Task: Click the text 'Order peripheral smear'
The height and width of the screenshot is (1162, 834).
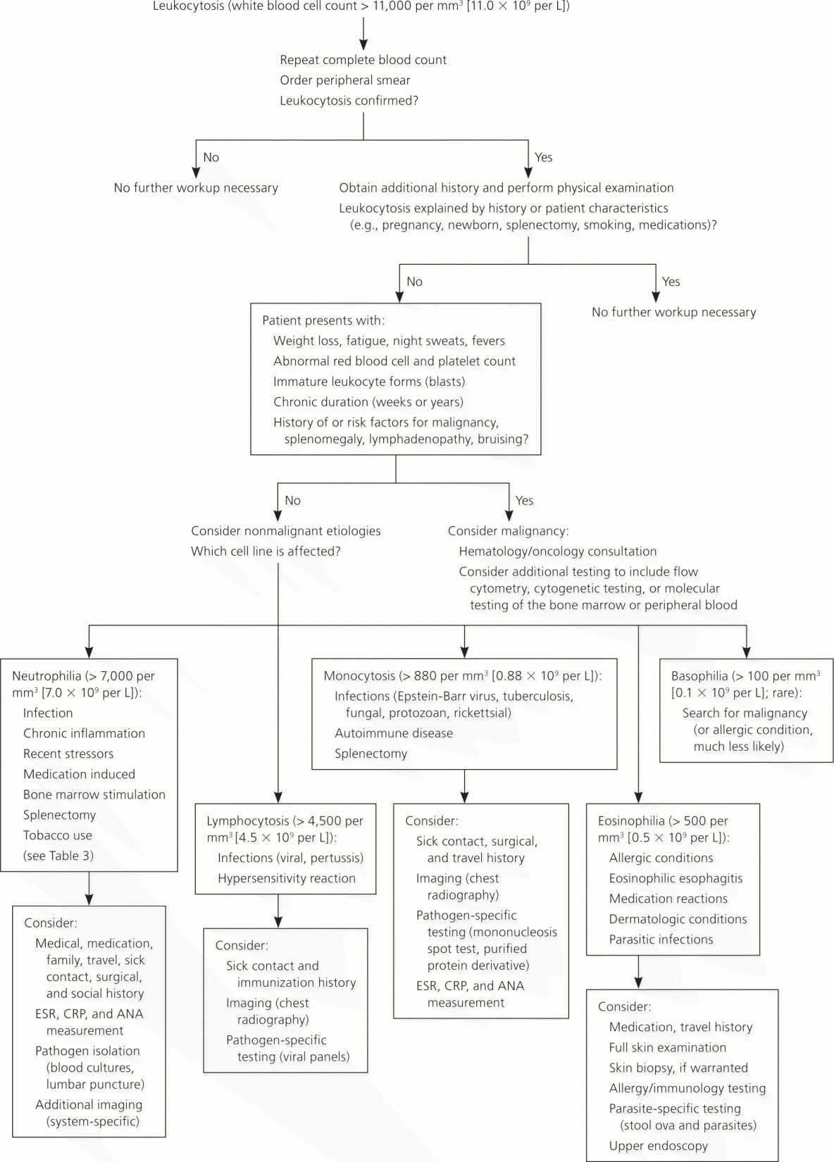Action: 345,80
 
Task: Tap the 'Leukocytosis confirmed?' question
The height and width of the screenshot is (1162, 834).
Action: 349,101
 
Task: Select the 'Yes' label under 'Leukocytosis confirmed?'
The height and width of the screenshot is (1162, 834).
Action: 543,157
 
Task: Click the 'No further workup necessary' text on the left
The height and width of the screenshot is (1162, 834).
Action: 196,188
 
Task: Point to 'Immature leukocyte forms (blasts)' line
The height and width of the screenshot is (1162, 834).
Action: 369,382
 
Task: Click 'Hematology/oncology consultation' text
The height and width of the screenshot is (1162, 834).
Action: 558,551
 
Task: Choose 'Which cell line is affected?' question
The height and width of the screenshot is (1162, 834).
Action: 266,551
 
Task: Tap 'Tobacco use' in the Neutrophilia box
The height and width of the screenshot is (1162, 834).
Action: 58,836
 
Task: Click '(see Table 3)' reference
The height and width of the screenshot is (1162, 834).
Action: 58,856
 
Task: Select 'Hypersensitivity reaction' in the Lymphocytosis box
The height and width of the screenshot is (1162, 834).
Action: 287,878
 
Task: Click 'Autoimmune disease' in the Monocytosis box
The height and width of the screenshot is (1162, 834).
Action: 394,734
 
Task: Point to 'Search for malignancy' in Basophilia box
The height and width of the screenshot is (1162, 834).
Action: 745,713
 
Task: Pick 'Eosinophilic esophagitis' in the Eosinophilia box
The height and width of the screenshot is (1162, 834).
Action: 676,878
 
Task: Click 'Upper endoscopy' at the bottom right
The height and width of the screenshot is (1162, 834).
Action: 659,1146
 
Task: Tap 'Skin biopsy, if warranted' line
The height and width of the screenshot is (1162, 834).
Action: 679,1068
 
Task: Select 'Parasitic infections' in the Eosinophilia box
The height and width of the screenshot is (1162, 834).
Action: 661,939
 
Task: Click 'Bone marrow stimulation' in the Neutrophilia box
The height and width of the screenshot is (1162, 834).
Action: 94,794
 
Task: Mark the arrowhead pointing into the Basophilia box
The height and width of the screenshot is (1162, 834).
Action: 746,653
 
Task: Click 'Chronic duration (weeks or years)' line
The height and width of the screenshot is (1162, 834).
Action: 368,402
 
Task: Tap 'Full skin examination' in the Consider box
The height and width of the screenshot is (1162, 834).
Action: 668,1047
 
